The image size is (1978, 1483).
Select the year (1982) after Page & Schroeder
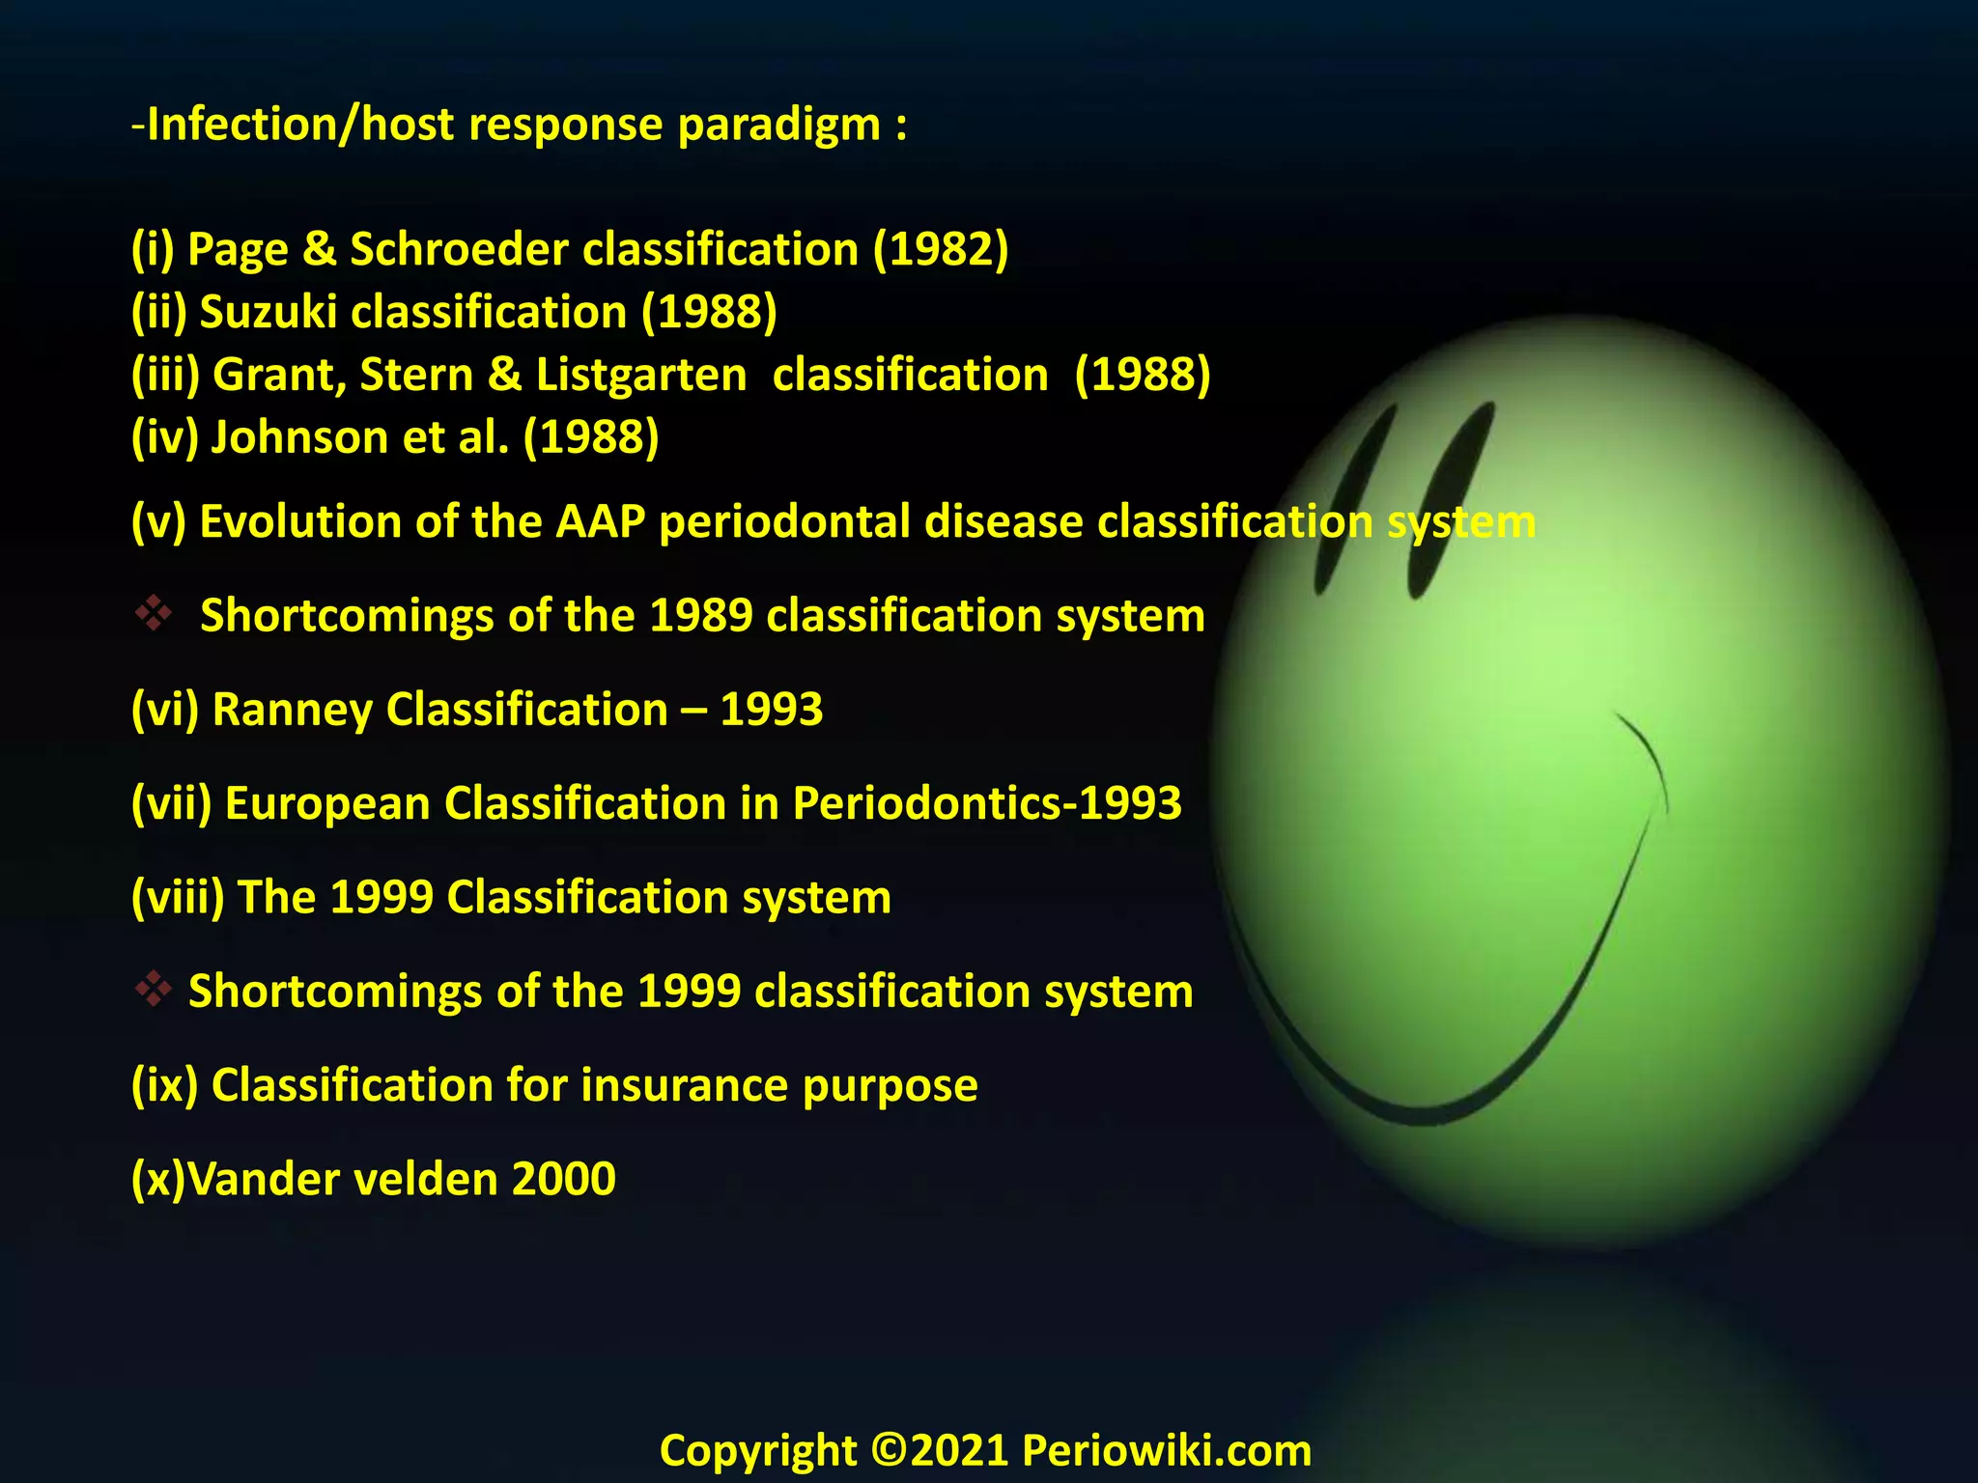[x=941, y=250]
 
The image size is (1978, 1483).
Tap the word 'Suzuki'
[x=268, y=313]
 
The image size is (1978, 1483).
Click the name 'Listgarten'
[x=641, y=376]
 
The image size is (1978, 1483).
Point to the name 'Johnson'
[x=299, y=437]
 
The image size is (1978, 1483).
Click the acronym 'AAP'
[x=600, y=522]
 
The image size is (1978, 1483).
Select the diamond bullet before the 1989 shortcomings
[x=154, y=613]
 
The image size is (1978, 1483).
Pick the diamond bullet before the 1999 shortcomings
[x=154, y=989]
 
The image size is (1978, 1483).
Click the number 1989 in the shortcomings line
[x=700, y=616]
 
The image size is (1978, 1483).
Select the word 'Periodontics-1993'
[x=986, y=803]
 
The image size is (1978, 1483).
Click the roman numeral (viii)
[x=178, y=898]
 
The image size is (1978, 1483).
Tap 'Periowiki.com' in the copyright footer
[x=1167, y=1451]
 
